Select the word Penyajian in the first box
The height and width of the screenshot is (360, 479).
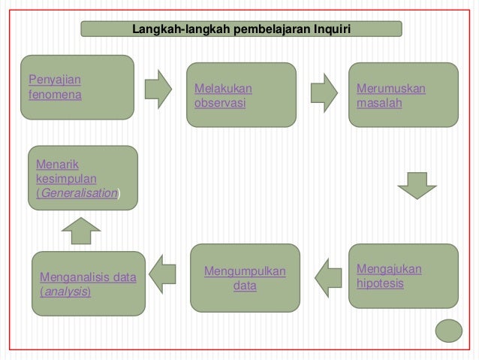pos(55,80)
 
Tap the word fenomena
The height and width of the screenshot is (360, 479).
pos(54,95)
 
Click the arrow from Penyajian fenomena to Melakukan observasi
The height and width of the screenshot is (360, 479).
pos(158,89)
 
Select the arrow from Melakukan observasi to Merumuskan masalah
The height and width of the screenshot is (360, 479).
pos(324,89)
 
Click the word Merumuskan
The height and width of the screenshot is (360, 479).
pos(390,89)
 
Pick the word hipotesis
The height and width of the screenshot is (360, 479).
pos(380,284)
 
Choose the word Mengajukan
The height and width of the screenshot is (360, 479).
pos(389,269)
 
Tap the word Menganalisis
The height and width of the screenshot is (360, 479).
pos(75,277)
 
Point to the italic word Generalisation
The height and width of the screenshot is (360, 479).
pos(79,192)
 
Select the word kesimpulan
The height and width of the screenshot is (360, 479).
pos(65,178)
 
